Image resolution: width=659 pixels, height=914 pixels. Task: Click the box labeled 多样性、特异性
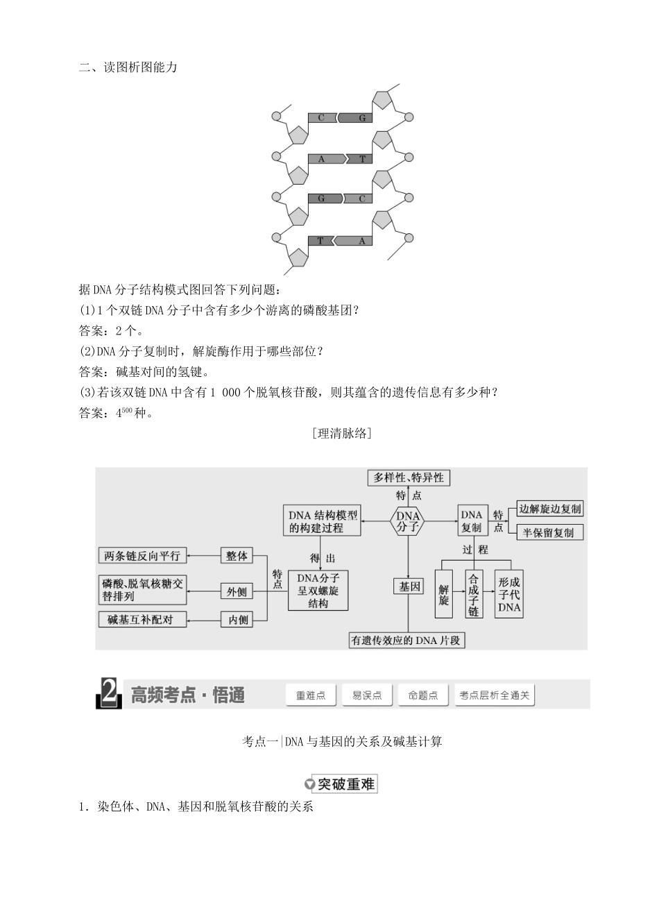pos(409,477)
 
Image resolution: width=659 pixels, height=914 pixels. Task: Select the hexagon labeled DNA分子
pos(408,521)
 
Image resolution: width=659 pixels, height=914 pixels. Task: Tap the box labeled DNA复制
pos(472,521)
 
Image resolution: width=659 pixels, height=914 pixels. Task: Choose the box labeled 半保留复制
pos(549,532)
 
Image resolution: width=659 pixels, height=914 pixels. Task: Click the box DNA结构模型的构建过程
pos(323,521)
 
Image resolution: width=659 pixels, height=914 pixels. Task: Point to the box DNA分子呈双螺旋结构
pos(318,591)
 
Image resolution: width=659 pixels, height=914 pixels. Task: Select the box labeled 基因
pos(409,586)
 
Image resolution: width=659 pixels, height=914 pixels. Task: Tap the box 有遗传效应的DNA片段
pos(406,641)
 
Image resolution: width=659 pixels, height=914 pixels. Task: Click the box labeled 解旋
pos(444,595)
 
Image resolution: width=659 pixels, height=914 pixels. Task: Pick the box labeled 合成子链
pos(473,595)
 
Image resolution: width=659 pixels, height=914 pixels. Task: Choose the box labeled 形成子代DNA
pos(509,595)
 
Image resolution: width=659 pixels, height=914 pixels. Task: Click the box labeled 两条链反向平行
pos(142,556)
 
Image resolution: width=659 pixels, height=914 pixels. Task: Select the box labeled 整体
pos(237,556)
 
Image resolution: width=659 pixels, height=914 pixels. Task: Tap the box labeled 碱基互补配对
pos(142,619)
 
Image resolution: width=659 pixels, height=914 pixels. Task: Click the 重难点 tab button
pos(311,695)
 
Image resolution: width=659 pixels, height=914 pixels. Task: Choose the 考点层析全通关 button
pos(495,695)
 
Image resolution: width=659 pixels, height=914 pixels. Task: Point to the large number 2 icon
pos(110,694)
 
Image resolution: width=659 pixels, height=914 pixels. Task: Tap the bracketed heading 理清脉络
pos(342,434)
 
